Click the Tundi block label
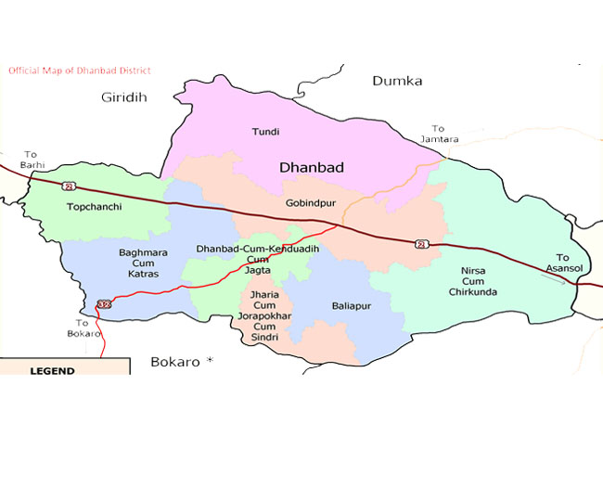click(265, 133)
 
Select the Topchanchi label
click(95, 207)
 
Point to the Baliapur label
click(352, 304)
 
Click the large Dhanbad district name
click(312, 168)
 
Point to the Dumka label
click(397, 81)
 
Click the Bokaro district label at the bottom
click(175, 362)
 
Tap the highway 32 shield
click(102, 304)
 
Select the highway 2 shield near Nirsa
click(422, 243)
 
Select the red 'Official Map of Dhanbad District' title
click(79, 71)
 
